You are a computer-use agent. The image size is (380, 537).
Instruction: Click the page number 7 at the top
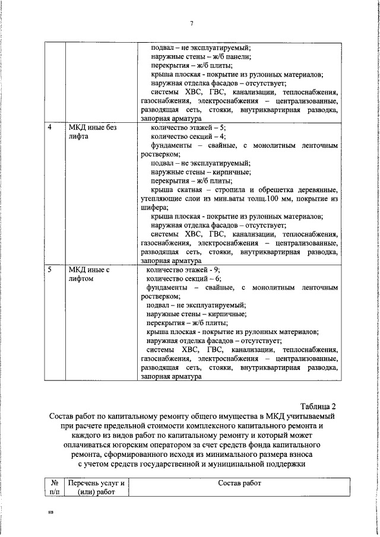192,23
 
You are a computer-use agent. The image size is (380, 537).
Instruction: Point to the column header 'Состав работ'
239,483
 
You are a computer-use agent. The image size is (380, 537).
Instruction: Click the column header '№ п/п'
53,487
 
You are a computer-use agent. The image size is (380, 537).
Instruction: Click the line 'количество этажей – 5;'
188,128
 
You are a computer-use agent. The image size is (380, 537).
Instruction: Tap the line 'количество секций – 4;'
188,136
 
